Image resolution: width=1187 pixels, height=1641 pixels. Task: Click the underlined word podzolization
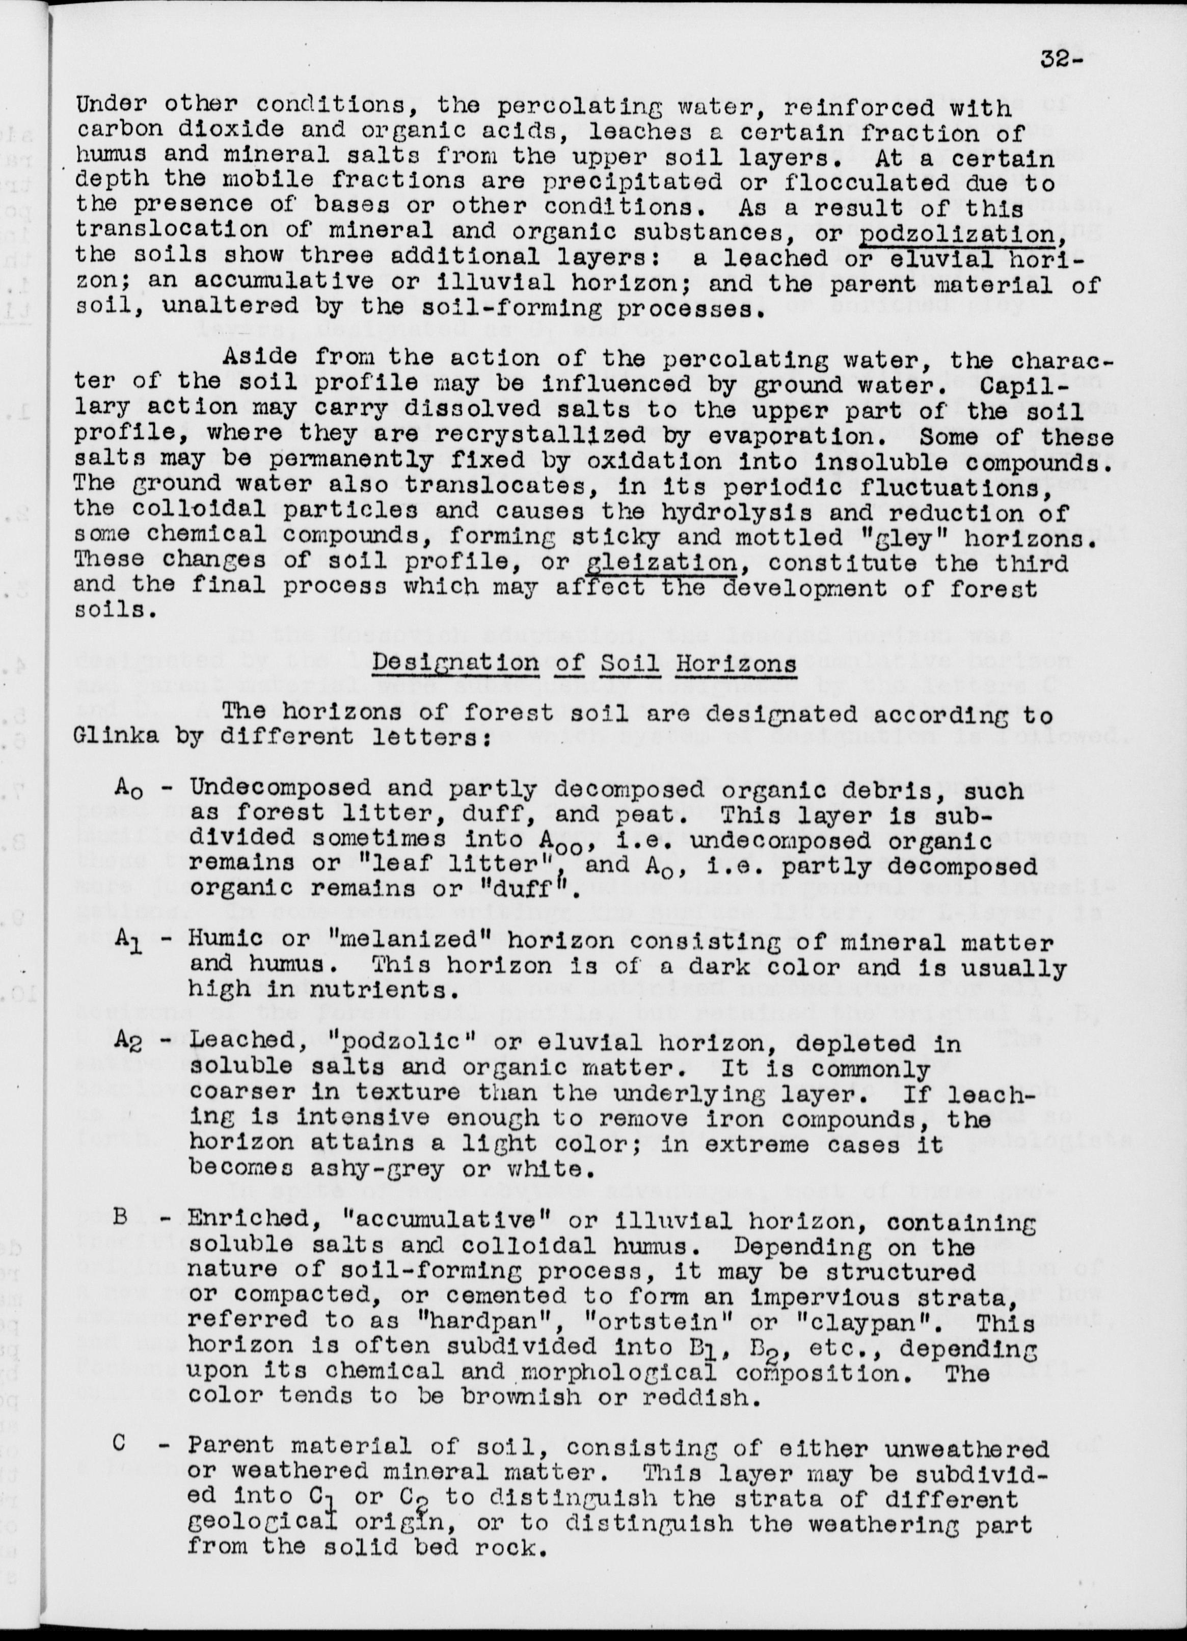(994, 234)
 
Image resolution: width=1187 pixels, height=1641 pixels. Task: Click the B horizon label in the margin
(120, 1221)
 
